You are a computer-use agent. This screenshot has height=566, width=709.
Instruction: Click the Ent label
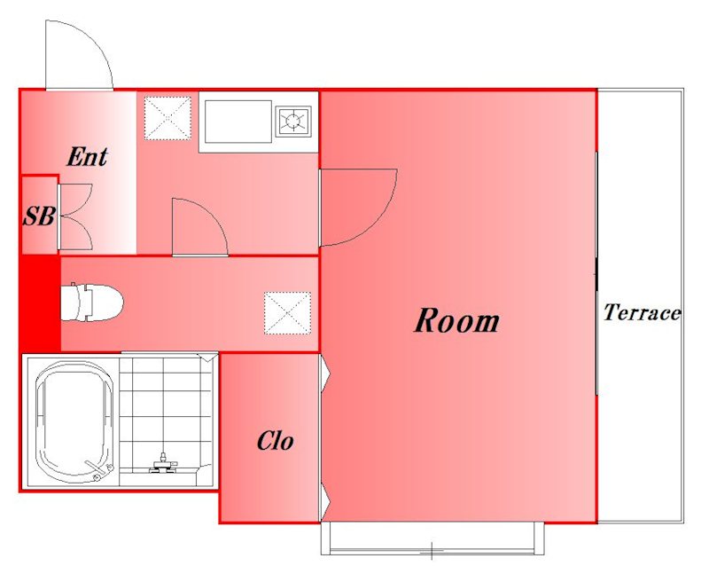(x=87, y=157)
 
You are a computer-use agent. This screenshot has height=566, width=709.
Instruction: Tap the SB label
(x=39, y=216)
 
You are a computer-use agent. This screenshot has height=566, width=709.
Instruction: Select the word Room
(x=456, y=320)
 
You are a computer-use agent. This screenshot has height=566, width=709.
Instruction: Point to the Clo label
(x=275, y=441)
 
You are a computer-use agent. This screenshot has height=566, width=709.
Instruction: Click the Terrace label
(x=642, y=312)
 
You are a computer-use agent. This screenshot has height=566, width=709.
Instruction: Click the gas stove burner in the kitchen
(x=293, y=121)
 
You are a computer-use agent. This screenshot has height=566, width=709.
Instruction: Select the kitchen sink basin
(x=238, y=122)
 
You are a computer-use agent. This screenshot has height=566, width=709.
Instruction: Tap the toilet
(x=92, y=302)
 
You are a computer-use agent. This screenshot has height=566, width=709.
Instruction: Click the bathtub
(x=74, y=422)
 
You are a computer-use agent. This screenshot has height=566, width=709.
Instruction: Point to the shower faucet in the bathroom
(x=163, y=464)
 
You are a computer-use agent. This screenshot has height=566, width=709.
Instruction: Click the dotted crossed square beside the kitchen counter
(x=168, y=118)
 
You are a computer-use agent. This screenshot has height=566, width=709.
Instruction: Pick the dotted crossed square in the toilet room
(x=287, y=313)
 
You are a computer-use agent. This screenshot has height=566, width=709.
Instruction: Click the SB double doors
(x=75, y=216)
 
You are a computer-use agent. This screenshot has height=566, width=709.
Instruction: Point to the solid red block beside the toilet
(x=41, y=303)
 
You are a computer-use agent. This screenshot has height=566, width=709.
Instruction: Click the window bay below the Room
(x=432, y=538)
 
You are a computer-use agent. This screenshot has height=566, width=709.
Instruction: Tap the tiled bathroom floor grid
(x=166, y=412)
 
